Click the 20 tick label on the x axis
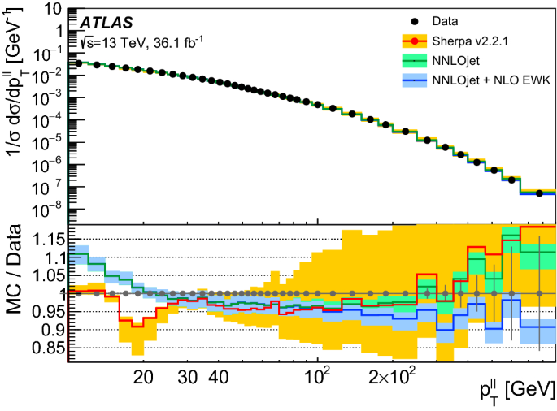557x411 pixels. click(x=143, y=378)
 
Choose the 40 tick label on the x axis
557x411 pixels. click(x=217, y=378)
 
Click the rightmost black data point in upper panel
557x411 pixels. click(x=539, y=193)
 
